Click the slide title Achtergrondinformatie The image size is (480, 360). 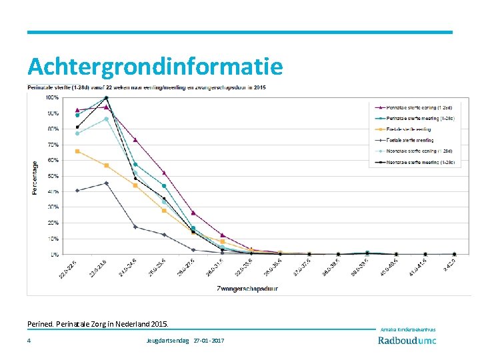click(x=155, y=67)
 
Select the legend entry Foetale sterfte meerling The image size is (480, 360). click(x=407, y=141)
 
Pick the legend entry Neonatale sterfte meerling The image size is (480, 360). click(x=413, y=163)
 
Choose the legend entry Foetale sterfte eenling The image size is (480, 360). click(x=406, y=129)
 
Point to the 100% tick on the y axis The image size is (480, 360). click(x=51, y=97)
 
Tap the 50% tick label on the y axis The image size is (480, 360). click(x=53, y=176)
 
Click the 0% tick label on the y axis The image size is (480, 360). click(x=54, y=254)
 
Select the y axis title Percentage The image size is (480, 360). click(x=35, y=177)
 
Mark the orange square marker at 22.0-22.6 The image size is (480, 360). click(x=77, y=151)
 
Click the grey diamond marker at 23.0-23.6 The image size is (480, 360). click(x=107, y=183)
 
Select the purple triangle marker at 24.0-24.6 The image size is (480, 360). click(x=135, y=140)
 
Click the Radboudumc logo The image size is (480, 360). click(x=407, y=341)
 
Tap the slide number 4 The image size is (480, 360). click(x=29, y=341)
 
